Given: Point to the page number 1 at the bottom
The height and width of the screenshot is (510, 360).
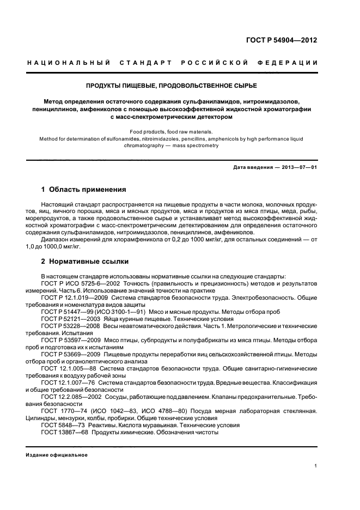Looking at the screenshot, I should click(315, 466).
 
